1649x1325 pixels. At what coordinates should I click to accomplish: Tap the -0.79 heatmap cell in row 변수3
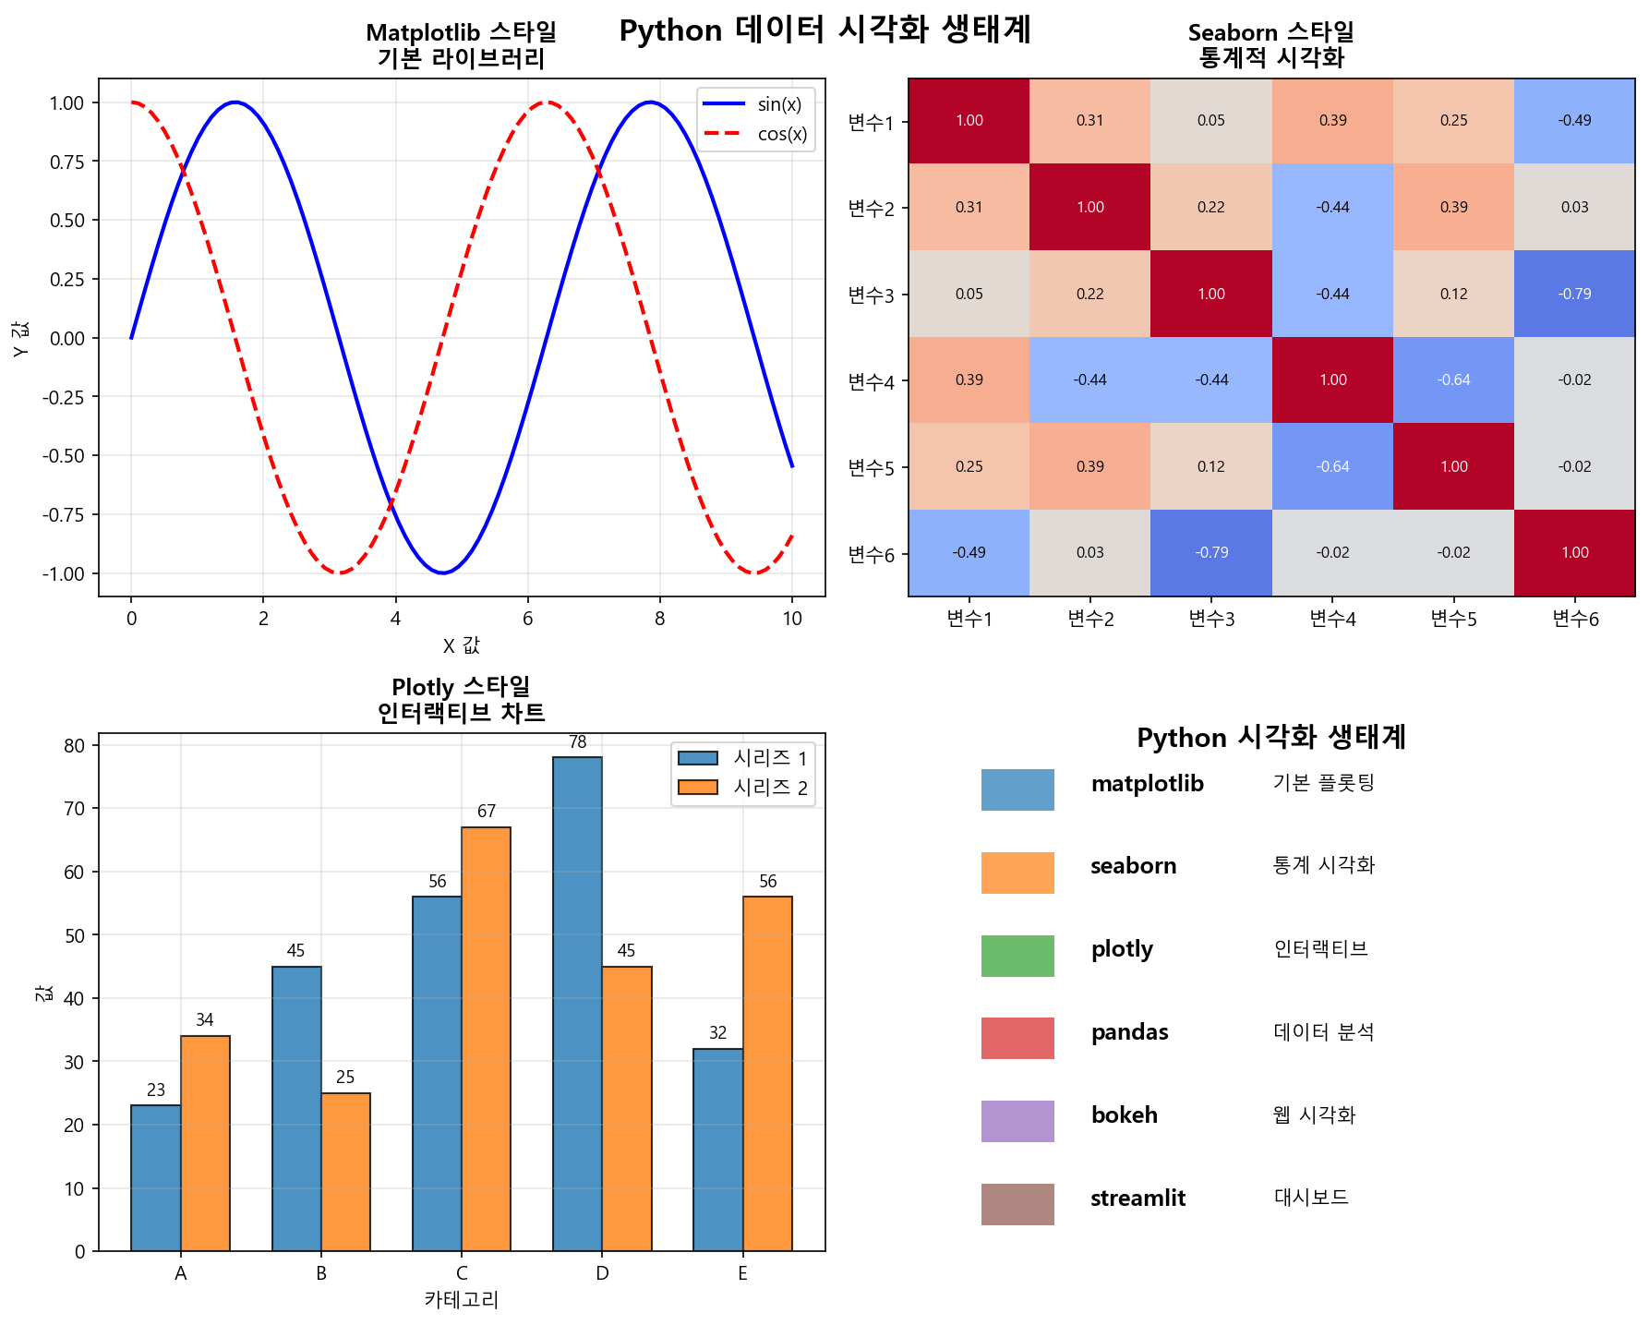pyautogui.click(x=1574, y=294)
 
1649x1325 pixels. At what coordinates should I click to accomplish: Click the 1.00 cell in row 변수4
pyautogui.click(x=1332, y=379)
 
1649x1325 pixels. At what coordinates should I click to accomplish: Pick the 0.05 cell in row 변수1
pyautogui.click(x=1210, y=121)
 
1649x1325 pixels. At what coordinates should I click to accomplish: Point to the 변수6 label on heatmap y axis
pyautogui.click(x=871, y=554)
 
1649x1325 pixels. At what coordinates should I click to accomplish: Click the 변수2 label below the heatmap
pyautogui.click(x=1090, y=619)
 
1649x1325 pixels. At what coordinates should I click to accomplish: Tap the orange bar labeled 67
pyautogui.click(x=486, y=1039)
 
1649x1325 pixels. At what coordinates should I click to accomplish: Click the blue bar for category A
pyautogui.click(x=156, y=1177)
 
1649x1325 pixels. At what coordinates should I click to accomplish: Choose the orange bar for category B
pyautogui.click(x=345, y=1172)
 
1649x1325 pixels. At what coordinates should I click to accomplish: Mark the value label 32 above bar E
pyautogui.click(x=717, y=1033)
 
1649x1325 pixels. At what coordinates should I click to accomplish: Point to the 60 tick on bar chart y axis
pyautogui.click(x=75, y=872)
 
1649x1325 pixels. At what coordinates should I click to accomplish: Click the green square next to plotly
pyautogui.click(x=1017, y=956)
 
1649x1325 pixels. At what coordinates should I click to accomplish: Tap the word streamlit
pyautogui.click(x=1137, y=1199)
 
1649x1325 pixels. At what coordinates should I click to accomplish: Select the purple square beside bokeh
pyautogui.click(x=1017, y=1121)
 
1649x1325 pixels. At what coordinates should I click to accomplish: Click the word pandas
pyautogui.click(x=1129, y=1032)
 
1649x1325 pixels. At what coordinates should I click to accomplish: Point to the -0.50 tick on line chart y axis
pyautogui.click(x=64, y=455)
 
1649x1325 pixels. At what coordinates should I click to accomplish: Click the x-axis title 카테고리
pyautogui.click(x=461, y=1300)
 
